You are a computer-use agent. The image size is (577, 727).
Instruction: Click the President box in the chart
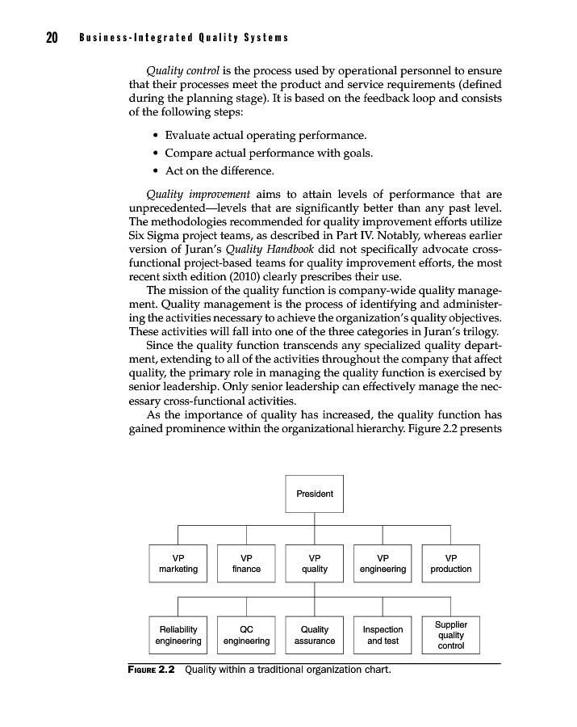(314, 494)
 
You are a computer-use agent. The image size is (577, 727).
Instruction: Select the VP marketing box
(178, 563)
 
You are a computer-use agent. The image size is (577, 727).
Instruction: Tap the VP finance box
(246, 563)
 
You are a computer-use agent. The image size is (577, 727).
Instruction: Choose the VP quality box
(314, 563)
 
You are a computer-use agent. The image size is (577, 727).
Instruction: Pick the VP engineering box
(383, 563)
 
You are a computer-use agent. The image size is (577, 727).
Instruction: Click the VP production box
(450, 563)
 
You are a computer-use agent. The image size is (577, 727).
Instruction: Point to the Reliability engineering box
(178, 635)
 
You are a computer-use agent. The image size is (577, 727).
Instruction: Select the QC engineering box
(246, 635)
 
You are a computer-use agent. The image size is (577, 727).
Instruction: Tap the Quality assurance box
(314, 635)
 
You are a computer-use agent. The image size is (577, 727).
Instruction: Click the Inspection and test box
(383, 635)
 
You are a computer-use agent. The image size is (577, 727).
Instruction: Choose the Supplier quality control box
(450, 635)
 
